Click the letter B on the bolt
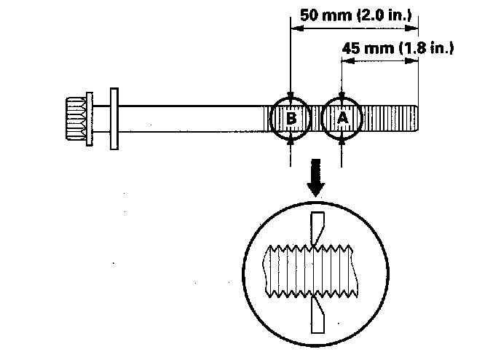(x=291, y=117)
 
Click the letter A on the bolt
(x=344, y=117)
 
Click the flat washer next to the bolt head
(x=114, y=117)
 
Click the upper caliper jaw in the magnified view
(x=317, y=227)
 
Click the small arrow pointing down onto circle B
(x=291, y=94)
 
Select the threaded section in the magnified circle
(x=313, y=270)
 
